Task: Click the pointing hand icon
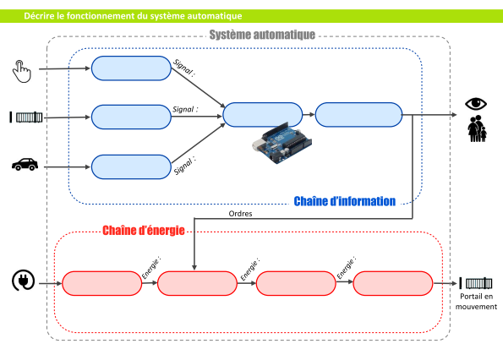22,71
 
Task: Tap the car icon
25,165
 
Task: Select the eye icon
476,104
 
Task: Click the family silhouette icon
477,128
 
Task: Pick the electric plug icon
24,281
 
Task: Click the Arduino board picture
282,143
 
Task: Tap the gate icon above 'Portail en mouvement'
476,283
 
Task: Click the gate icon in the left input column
26,117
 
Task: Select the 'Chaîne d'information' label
345,201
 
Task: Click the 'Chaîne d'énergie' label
144,230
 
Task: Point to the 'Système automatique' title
262,35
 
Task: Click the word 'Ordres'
240,214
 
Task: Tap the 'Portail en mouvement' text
476,302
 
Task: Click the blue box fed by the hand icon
131,68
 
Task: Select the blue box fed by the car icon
131,167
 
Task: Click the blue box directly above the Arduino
263,115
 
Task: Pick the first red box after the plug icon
101,283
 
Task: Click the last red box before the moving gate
393,283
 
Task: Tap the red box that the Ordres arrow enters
197,283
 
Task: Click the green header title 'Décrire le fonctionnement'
133,16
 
